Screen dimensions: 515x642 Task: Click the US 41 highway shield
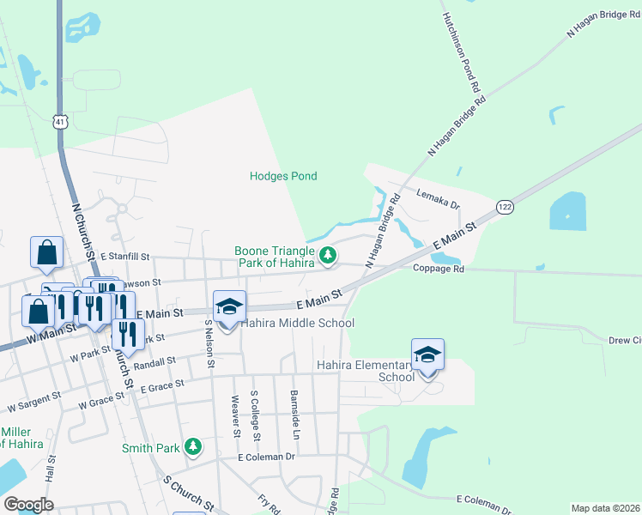(58, 123)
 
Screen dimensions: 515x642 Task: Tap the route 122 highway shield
(505, 207)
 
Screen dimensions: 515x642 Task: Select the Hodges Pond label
(283, 176)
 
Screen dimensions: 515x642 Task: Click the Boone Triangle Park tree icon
(327, 255)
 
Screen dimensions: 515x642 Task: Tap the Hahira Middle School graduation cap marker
(229, 307)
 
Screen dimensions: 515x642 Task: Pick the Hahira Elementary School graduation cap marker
(427, 354)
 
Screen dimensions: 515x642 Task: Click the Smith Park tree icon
(194, 447)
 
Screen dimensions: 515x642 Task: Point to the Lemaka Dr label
(438, 199)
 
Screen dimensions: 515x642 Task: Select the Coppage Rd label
(438, 269)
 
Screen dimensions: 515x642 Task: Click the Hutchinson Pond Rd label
(460, 53)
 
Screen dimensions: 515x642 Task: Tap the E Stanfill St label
(124, 257)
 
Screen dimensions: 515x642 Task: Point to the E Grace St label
(164, 387)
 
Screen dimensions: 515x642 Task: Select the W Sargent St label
(32, 401)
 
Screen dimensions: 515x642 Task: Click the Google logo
(28, 505)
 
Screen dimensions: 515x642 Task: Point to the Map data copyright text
(605, 508)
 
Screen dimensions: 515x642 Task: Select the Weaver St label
(235, 415)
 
